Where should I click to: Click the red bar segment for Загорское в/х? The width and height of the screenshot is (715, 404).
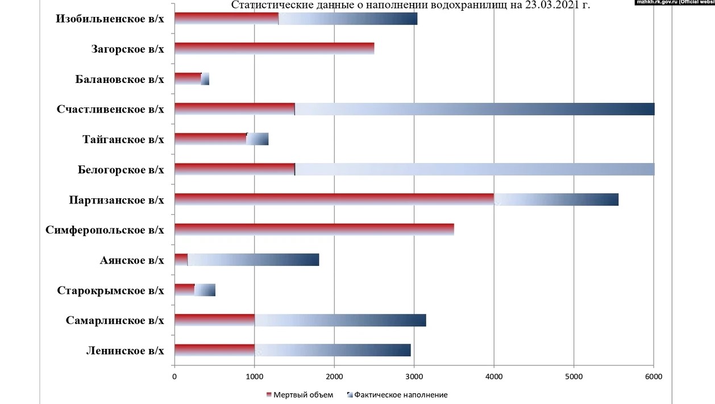(274, 48)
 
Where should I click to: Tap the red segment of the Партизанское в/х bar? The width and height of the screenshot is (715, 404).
(334, 199)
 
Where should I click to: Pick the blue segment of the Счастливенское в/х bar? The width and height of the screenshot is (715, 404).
(475, 109)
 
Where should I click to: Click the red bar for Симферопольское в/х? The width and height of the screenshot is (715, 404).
(314, 230)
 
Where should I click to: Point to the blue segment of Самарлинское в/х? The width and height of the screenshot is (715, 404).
(340, 320)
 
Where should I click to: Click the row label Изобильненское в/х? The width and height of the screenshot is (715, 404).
(110, 19)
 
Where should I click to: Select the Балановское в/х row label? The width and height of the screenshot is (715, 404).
(119, 79)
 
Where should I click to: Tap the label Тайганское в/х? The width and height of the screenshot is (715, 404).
(123, 139)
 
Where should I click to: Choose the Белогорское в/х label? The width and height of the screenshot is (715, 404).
(120, 169)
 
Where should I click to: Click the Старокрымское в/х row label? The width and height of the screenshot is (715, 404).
(110, 290)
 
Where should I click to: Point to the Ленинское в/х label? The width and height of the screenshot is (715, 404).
(125, 351)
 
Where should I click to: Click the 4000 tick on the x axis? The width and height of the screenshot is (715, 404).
(494, 376)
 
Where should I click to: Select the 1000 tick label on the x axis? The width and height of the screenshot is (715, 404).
(254, 376)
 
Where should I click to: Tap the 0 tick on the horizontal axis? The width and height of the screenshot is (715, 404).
(174, 376)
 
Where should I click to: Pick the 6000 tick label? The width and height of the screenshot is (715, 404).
(654, 376)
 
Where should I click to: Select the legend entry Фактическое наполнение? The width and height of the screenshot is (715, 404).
(400, 395)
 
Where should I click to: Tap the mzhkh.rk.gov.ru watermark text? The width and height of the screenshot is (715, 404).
(674, 2)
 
